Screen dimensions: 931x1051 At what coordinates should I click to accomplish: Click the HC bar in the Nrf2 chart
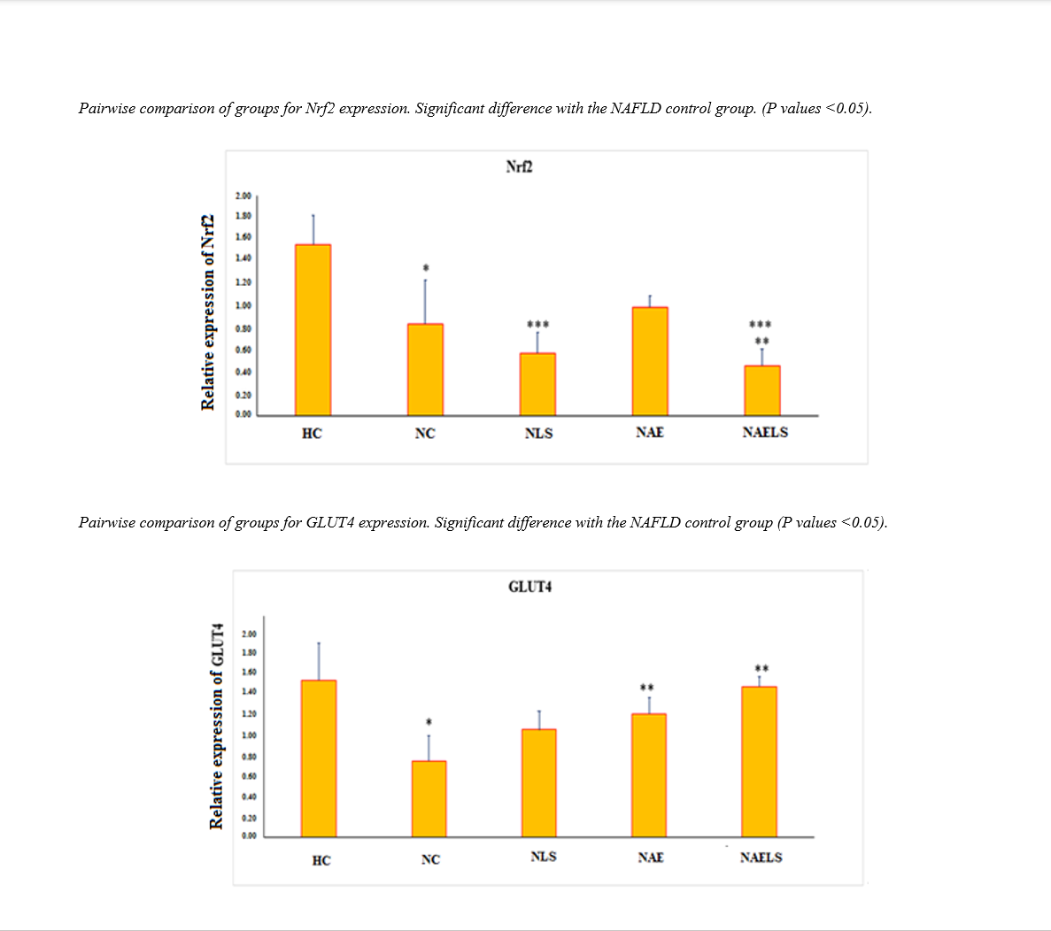[313, 330]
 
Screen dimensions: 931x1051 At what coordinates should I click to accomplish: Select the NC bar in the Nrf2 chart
[425, 370]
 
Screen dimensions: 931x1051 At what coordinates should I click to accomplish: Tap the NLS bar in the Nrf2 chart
[537, 384]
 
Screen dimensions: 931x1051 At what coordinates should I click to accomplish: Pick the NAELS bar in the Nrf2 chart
[762, 390]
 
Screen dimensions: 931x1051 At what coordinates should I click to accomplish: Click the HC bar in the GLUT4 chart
[318, 758]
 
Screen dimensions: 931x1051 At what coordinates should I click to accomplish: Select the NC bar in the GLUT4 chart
[429, 798]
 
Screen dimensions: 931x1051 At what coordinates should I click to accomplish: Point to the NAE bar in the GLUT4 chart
[649, 775]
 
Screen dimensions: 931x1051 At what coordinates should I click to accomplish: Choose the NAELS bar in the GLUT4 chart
[759, 761]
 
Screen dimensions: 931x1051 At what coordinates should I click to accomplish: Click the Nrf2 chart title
[519, 166]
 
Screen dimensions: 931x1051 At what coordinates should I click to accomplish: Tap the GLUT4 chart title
[530, 587]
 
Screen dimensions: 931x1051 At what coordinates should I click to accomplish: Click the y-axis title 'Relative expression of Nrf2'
[208, 312]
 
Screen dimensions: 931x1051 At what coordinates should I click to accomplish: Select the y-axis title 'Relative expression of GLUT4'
[215, 726]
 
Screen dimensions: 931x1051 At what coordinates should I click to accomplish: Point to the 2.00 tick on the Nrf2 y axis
[243, 196]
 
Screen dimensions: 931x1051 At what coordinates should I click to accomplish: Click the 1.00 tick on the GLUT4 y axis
[249, 735]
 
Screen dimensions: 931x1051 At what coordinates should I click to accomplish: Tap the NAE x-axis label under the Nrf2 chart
[650, 432]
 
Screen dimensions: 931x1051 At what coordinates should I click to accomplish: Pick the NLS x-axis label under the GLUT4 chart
[544, 856]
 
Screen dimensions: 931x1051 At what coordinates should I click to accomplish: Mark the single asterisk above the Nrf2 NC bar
[426, 267]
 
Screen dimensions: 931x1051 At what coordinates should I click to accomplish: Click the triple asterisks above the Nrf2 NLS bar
[537, 325]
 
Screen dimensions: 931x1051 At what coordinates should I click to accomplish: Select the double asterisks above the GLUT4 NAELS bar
[761, 668]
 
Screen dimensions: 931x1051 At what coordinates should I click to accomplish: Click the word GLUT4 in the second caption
[330, 522]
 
